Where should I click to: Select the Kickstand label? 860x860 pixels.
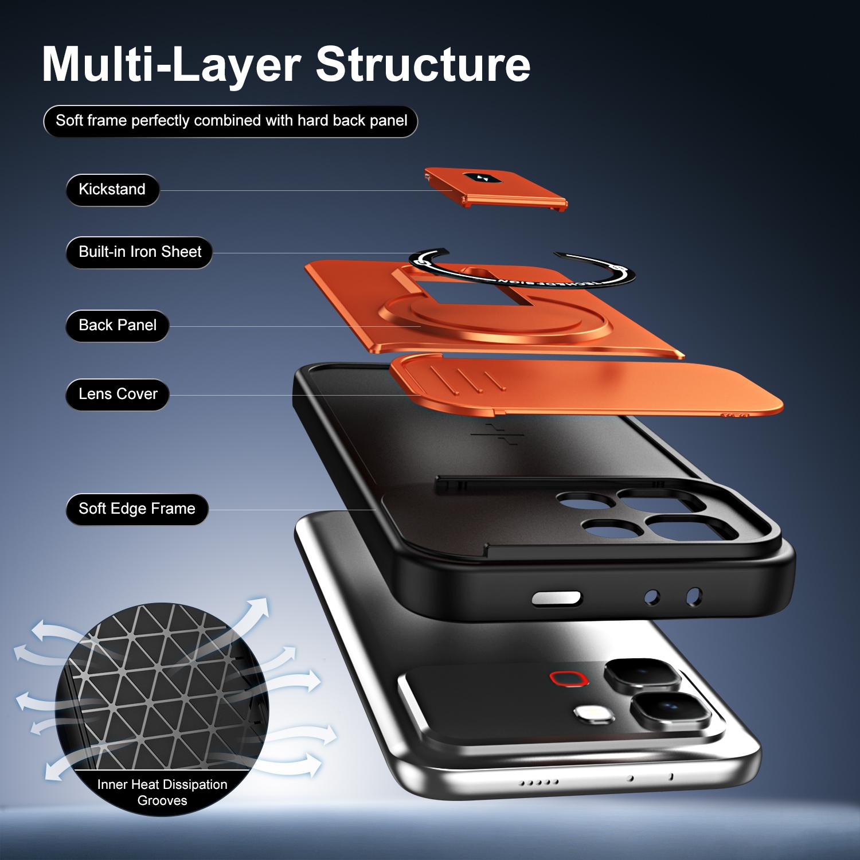(112, 190)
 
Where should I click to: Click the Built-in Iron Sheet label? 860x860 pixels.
(139, 252)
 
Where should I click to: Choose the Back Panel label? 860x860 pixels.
(118, 326)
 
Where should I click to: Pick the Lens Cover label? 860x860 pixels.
(118, 394)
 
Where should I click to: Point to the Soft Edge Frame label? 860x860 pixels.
(136, 509)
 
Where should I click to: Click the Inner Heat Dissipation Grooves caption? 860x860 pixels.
(162, 792)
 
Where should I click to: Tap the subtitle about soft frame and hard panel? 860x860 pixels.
(230, 121)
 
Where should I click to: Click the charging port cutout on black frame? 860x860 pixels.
(556, 599)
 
